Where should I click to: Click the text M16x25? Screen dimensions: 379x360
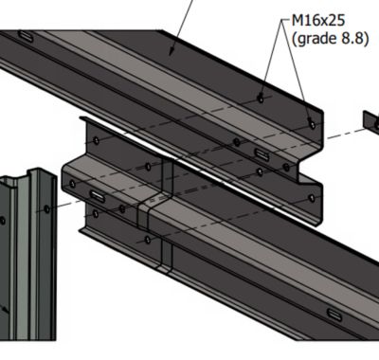click(318, 21)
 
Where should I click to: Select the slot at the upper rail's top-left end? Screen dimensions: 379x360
click(26, 36)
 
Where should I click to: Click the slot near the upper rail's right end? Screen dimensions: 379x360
click(262, 154)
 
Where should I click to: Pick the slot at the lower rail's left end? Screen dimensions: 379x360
click(98, 196)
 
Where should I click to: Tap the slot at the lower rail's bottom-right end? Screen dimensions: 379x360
click(334, 315)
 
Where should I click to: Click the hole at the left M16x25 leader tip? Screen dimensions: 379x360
click(261, 99)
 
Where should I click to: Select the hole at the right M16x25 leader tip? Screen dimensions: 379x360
click(312, 124)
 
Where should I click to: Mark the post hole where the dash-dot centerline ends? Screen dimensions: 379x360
click(46, 208)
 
